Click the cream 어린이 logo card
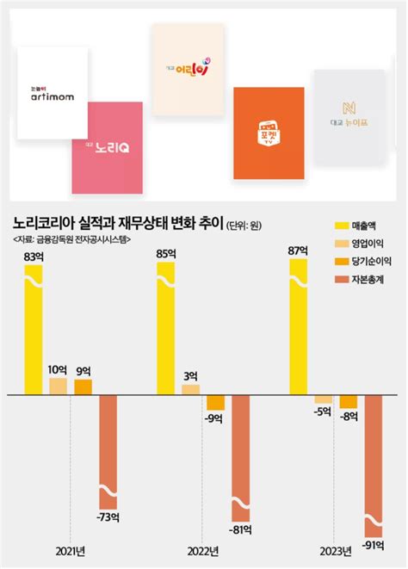pos(187,69)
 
